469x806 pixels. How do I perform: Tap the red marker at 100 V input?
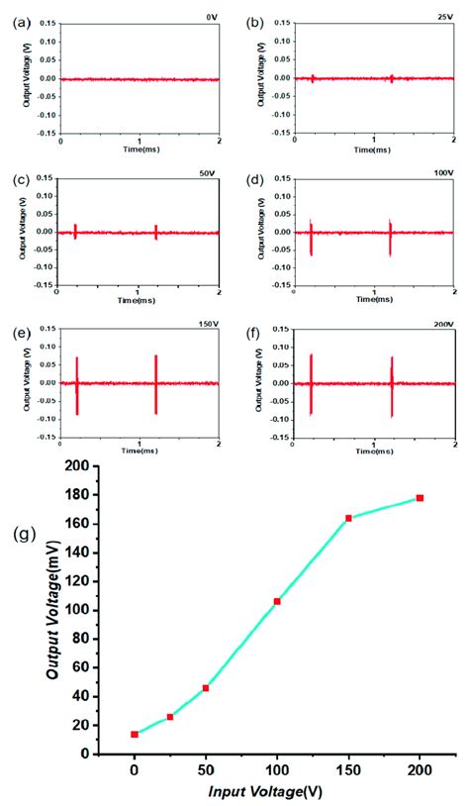(x=277, y=601)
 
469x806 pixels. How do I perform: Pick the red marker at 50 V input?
(x=206, y=687)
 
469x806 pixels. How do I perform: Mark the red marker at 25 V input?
(x=170, y=716)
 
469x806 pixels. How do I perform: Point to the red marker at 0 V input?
(x=135, y=734)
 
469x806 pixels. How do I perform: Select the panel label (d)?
(x=253, y=179)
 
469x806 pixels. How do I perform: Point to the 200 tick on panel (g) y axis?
(x=90, y=465)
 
